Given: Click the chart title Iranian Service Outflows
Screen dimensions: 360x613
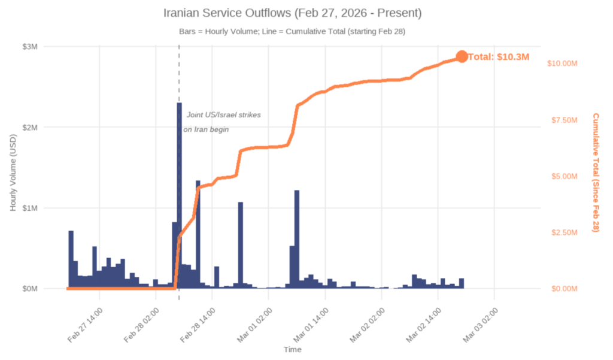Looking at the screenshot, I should pyautogui.click(x=292, y=13).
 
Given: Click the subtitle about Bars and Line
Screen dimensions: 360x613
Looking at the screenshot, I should pyautogui.click(x=292, y=31).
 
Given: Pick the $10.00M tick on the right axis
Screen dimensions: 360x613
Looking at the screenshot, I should pyautogui.click(x=564, y=63).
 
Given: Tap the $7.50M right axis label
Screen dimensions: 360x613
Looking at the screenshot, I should pyautogui.click(x=564, y=120).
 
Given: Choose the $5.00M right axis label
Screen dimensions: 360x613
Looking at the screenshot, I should pyautogui.click(x=564, y=176).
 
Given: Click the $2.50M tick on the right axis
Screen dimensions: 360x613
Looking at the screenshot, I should pyautogui.click(x=564, y=232).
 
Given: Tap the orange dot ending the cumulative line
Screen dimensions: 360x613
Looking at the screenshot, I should pyautogui.click(x=462, y=56).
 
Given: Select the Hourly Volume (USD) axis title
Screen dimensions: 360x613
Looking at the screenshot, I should pyautogui.click(x=13, y=171).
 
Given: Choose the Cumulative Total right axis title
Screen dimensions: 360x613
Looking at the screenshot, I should pyautogui.click(x=596, y=173).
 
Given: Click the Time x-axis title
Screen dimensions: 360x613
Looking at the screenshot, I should pyautogui.click(x=293, y=349).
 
